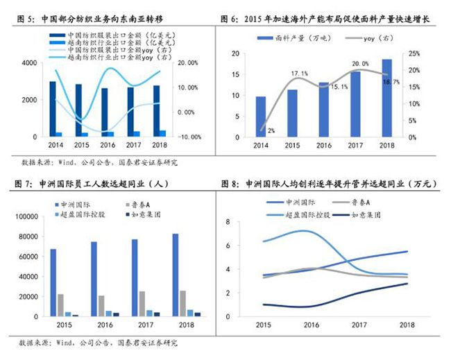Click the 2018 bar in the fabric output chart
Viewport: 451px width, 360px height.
click(386, 98)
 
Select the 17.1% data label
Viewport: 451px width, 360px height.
click(299, 73)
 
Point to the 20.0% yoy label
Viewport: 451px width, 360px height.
click(360, 64)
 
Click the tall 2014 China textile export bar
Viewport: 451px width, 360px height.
click(53, 109)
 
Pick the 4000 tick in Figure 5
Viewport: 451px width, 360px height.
click(28, 63)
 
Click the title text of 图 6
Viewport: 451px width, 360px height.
click(329, 19)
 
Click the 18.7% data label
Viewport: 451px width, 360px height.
click(391, 82)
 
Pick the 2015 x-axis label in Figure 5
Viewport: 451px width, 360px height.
click(82, 145)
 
